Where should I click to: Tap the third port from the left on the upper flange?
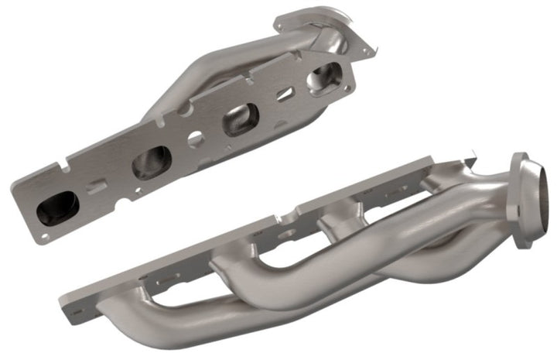coord(238,122)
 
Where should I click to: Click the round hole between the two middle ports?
coord(196,141)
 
